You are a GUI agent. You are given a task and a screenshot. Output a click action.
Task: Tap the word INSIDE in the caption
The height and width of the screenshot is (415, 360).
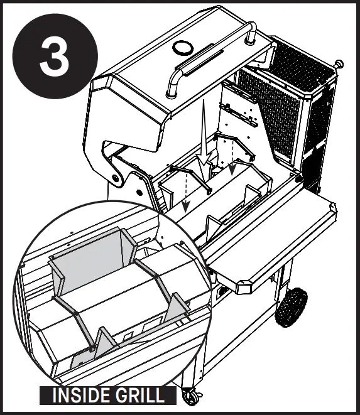point(79,396)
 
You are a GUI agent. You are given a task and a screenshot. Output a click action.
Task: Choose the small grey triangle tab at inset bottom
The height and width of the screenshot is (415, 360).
point(80,359)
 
